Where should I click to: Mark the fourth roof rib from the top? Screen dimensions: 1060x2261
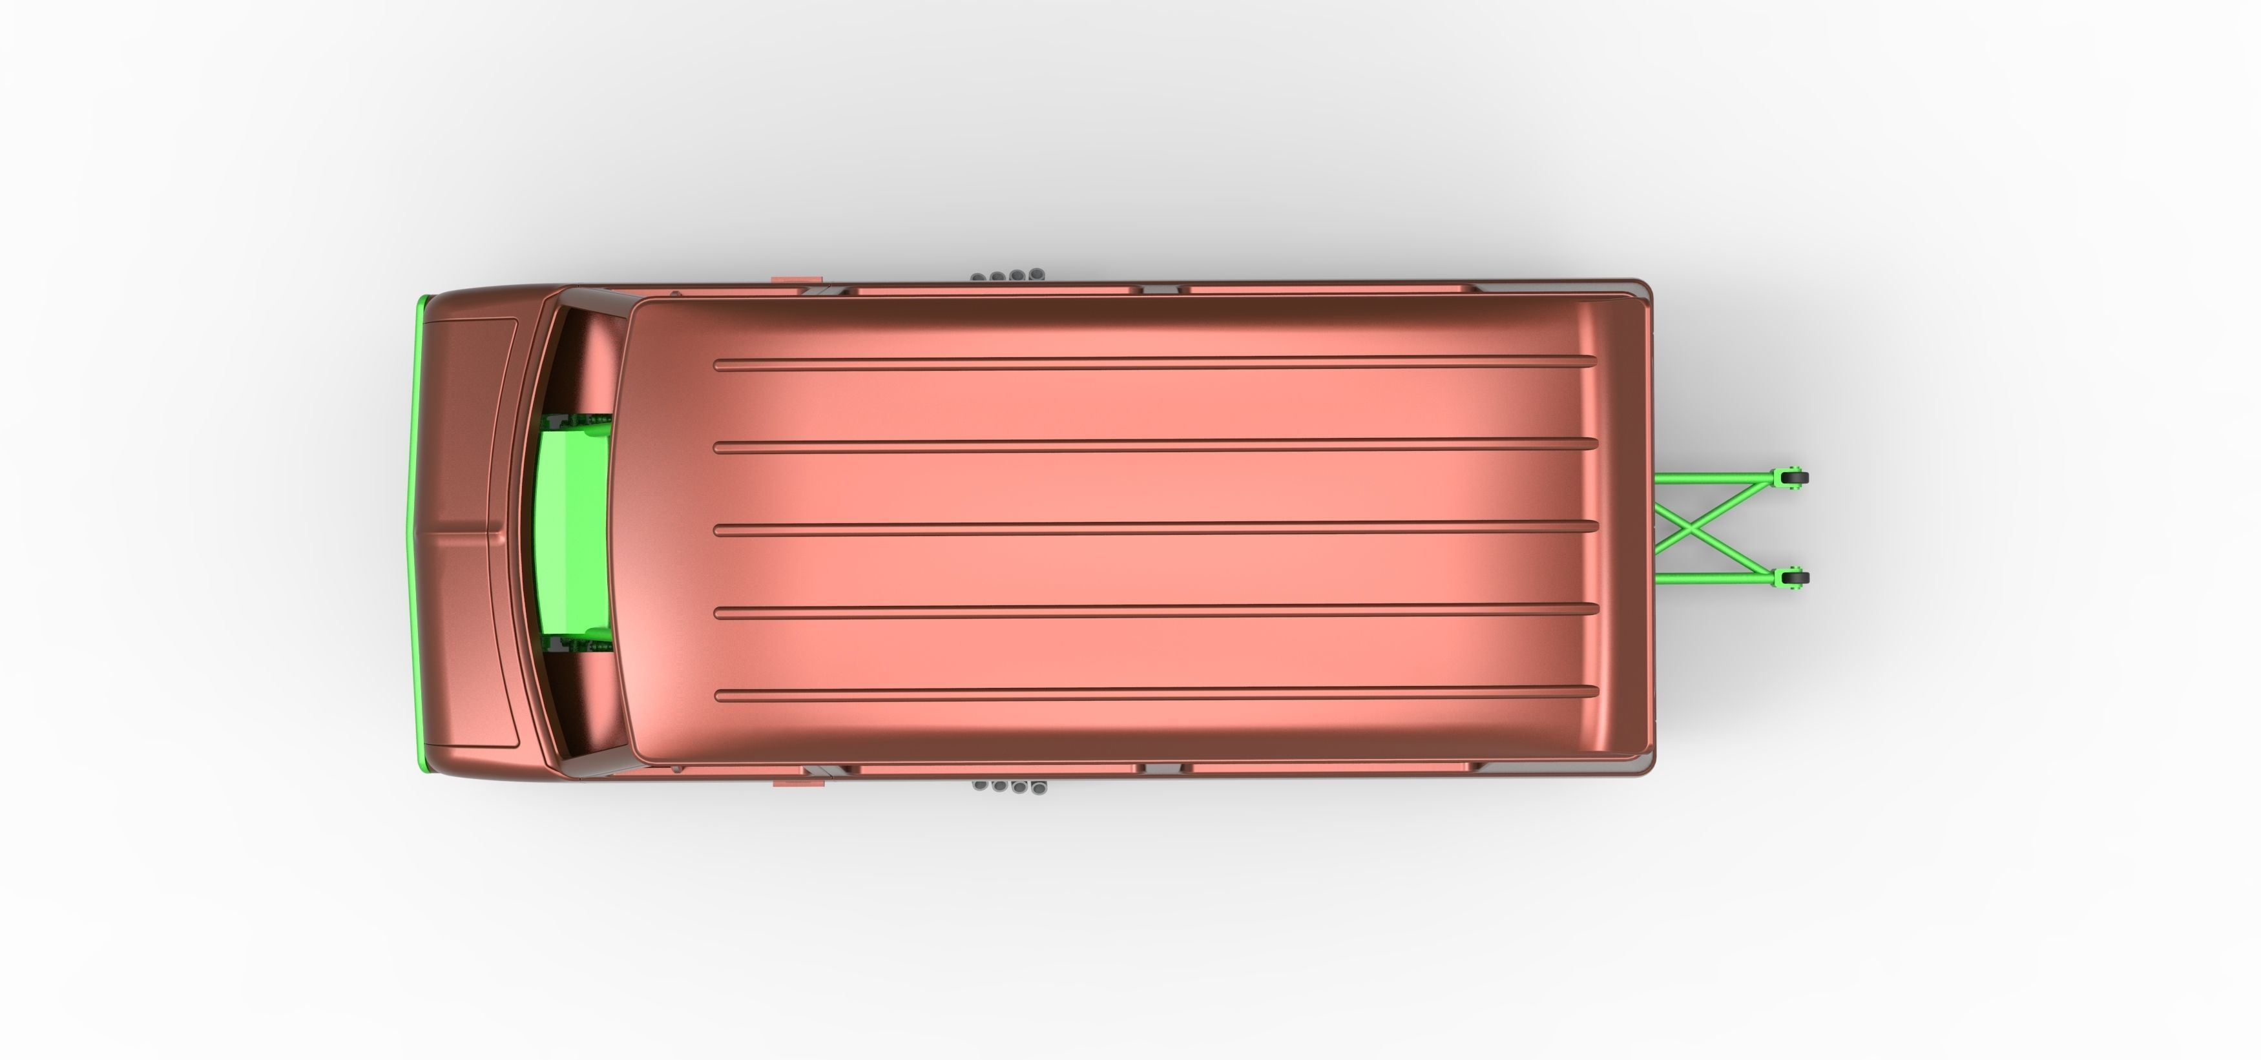click(1154, 610)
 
